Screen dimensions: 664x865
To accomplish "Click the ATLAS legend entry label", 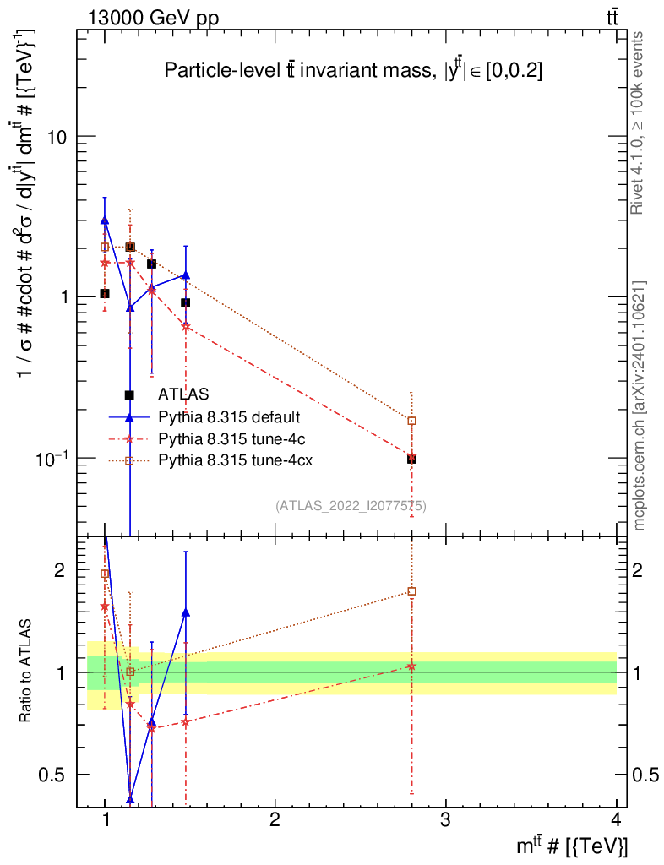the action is tap(183, 394).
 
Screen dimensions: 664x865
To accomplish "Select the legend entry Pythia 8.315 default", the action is tap(229, 416).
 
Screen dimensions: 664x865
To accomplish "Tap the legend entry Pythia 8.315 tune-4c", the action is tap(231, 438).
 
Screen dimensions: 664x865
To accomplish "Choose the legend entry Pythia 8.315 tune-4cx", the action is tap(236, 460).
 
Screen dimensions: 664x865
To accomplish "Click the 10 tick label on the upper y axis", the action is tap(57, 137).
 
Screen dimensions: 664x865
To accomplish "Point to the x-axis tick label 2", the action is tap(275, 819).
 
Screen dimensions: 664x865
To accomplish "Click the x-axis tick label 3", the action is tap(445, 819).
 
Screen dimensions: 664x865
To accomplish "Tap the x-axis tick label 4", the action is tap(616, 819).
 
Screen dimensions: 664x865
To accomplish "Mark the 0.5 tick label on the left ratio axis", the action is tap(52, 775).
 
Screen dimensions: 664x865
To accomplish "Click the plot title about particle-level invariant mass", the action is tap(353, 71).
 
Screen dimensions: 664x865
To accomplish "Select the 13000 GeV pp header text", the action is tap(153, 18).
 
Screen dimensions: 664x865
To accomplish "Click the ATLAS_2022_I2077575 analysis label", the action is tap(351, 506).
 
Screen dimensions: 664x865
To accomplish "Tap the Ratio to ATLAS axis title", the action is tap(24, 671).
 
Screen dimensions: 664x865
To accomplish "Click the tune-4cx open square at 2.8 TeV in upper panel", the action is tap(411, 421).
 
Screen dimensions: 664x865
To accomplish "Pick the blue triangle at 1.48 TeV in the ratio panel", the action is tap(185, 612).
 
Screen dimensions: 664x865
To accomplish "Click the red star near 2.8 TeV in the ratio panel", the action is tap(411, 666).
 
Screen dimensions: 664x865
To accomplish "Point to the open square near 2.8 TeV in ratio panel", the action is tap(411, 591).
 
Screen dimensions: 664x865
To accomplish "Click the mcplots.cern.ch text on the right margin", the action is tap(639, 406).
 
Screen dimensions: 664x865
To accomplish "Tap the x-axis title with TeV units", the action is tap(572, 846).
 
